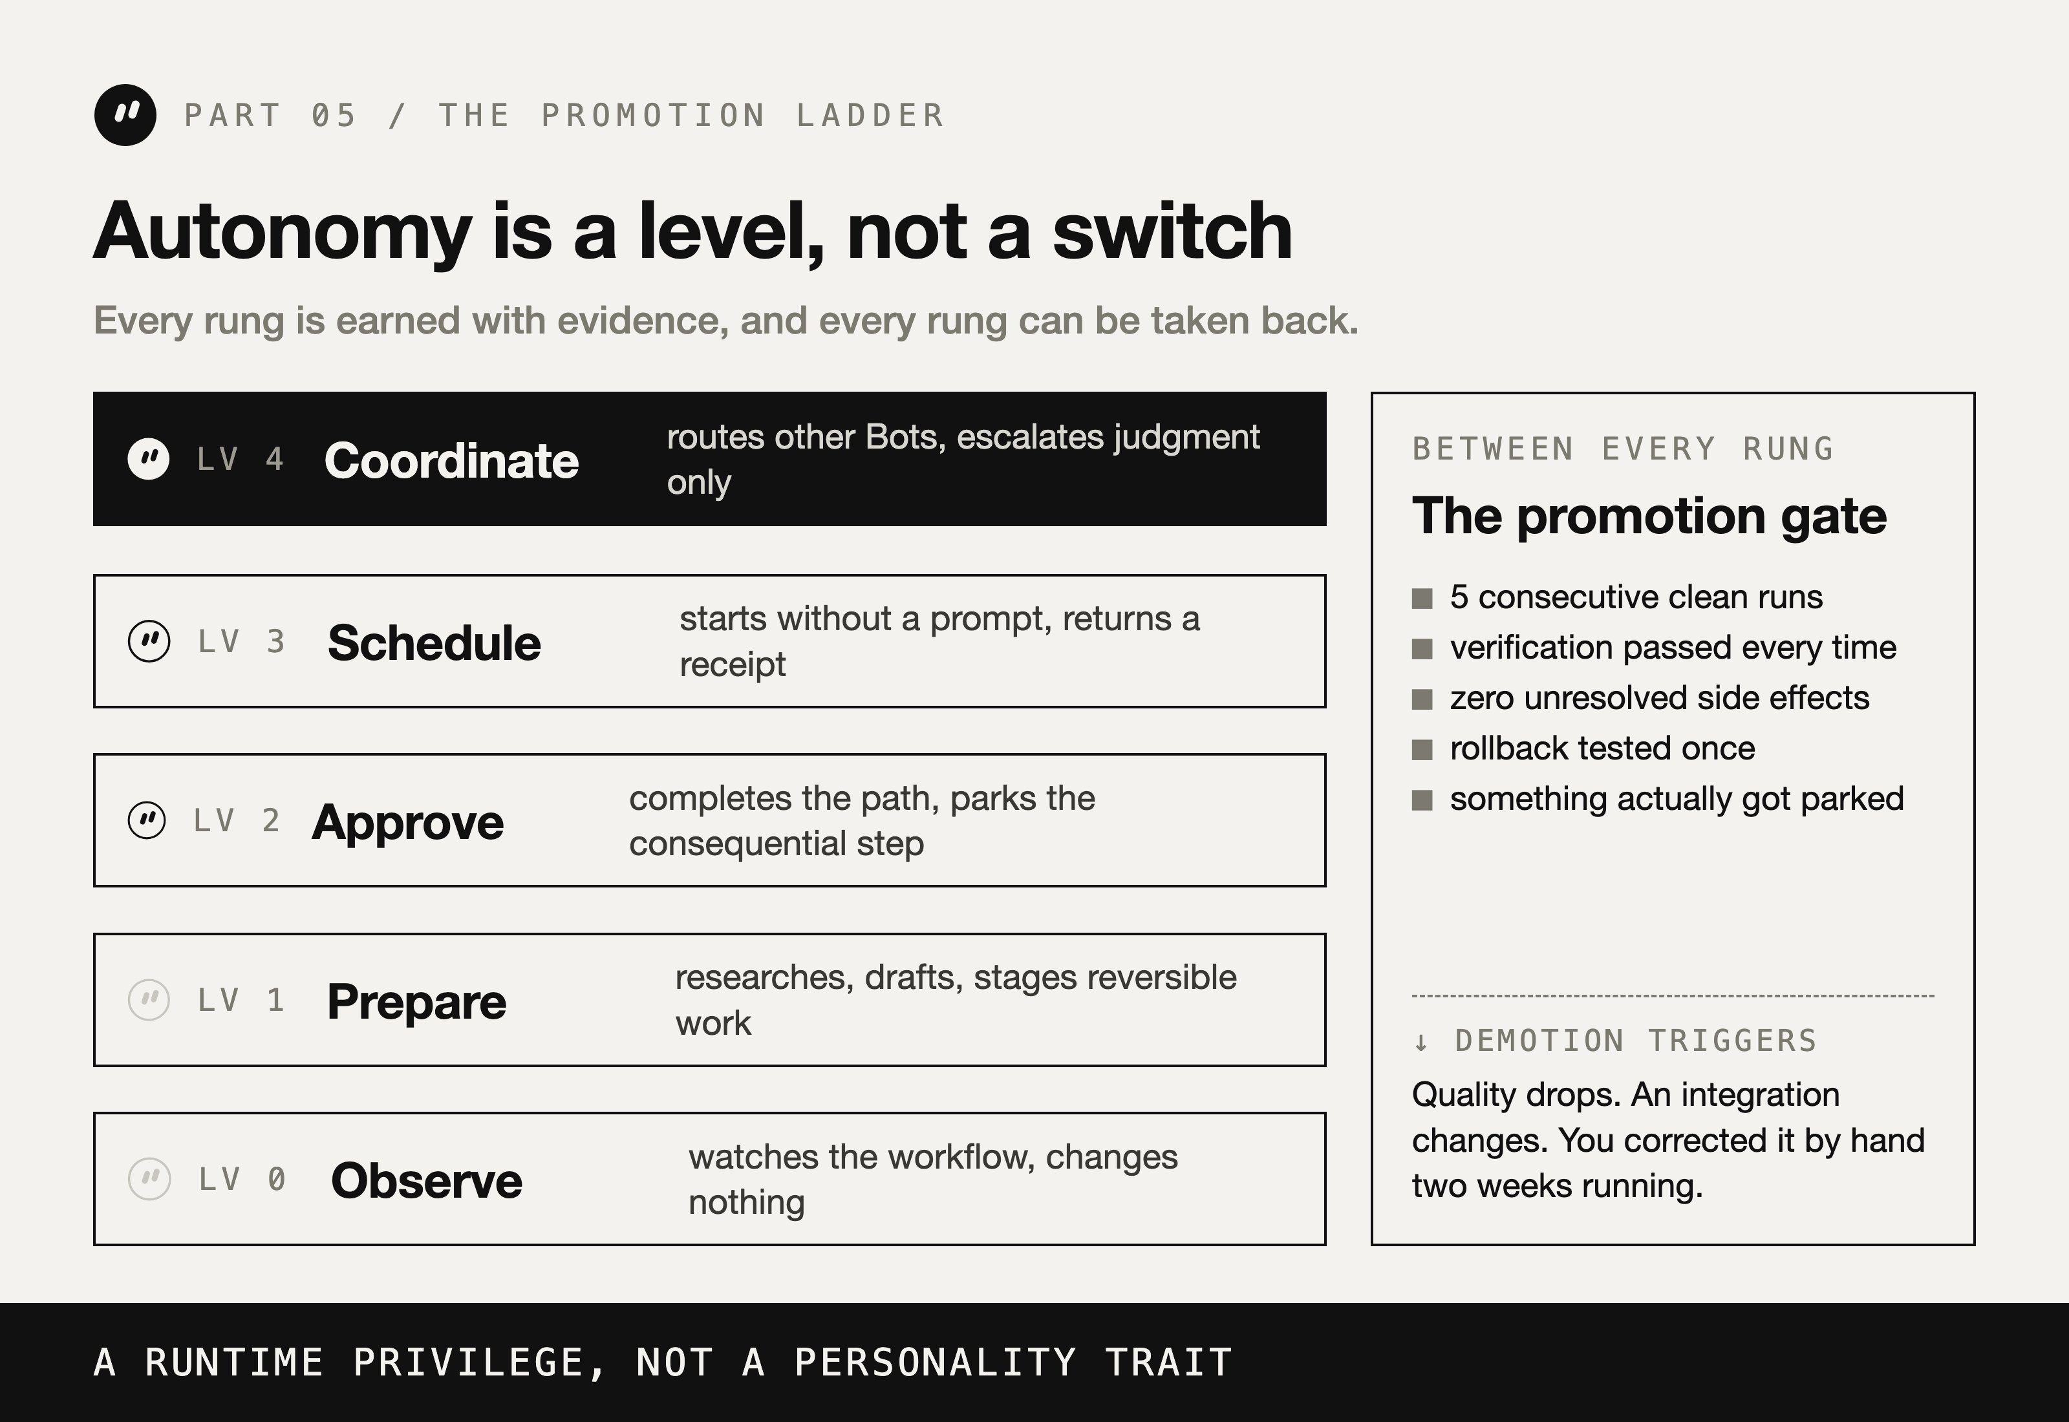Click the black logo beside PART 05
(x=125, y=115)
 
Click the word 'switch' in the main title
(x=1172, y=231)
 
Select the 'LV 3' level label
(x=241, y=641)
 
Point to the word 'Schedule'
(x=434, y=642)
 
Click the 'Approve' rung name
(x=408, y=822)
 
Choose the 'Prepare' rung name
(x=416, y=1001)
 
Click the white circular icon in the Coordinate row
(x=149, y=459)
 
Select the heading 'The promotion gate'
(x=1649, y=516)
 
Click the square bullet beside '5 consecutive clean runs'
(x=1422, y=599)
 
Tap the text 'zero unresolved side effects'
(x=1659, y=697)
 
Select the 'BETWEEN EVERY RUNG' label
(x=1624, y=448)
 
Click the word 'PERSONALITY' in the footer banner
(x=936, y=1363)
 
